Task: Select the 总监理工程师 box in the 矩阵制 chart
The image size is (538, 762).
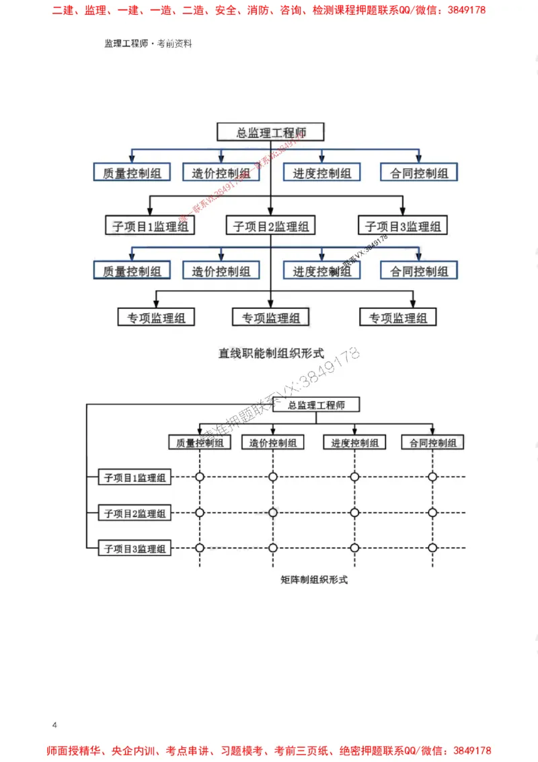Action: pos(316,405)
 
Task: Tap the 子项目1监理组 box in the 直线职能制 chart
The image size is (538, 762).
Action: pos(150,226)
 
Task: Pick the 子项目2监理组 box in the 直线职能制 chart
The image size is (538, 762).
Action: pos(270,226)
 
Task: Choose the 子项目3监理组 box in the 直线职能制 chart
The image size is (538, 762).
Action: pos(402,226)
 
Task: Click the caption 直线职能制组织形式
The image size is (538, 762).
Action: pos(270,352)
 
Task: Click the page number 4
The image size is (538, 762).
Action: pos(54,724)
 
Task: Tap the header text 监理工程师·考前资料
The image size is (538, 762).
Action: pos(148,43)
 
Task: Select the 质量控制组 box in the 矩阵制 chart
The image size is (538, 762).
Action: pos(200,442)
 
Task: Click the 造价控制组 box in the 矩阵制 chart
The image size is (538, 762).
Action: pos(272,442)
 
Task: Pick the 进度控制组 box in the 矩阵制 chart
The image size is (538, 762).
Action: pos(354,442)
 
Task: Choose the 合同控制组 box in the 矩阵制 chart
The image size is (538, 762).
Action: pos(432,442)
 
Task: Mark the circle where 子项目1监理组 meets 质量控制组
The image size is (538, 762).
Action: pos(200,477)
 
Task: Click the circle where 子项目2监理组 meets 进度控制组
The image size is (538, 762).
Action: pos(354,513)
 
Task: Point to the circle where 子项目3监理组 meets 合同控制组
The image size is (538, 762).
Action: pos(432,549)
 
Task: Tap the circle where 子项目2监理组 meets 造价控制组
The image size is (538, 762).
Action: pos(272,513)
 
